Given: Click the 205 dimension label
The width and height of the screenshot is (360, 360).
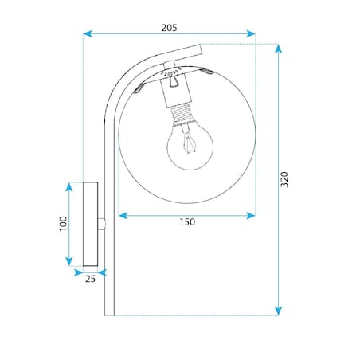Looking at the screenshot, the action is pyautogui.click(x=169, y=28).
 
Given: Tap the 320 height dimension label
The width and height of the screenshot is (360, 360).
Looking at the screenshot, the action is pyautogui.click(x=284, y=179).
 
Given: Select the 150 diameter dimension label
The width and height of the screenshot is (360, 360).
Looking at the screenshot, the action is pyautogui.click(x=187, y=222).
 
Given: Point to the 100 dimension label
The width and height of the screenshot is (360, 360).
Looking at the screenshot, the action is pyautogui.click(x=63, y=223).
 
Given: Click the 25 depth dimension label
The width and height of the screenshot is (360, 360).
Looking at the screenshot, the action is pyautogui.click(x=90, y=279).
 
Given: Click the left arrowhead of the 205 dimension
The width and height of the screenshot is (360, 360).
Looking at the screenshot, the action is pyautogui.click(x=88, y=34).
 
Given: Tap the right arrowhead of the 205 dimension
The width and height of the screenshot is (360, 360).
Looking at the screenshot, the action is pyautogui.click(x=251, y=34).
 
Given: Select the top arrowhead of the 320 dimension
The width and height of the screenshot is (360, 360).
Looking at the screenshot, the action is pyautogui.click(x=278, y=49).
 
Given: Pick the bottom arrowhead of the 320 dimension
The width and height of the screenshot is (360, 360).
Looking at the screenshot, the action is pyautogui.click(x=278, y=311).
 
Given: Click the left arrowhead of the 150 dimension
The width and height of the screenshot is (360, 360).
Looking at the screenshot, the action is pyautogui.click(x=123, y=216).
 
